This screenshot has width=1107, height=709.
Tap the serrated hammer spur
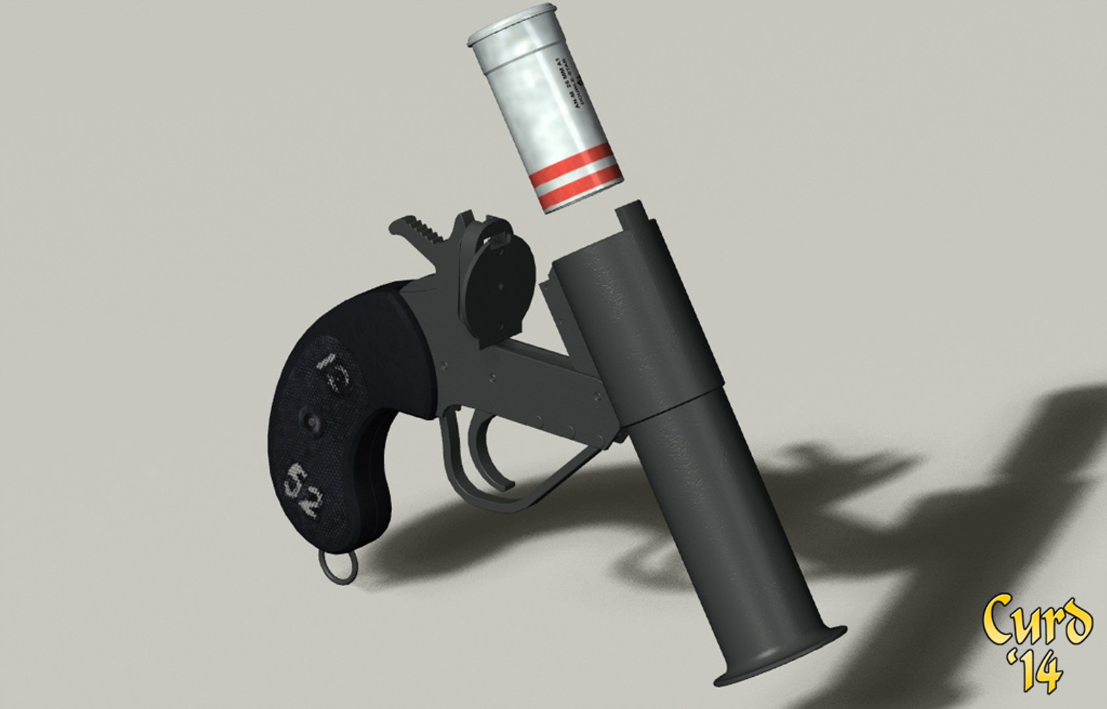[424, 232]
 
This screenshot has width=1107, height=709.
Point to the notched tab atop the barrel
[633, 223]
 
